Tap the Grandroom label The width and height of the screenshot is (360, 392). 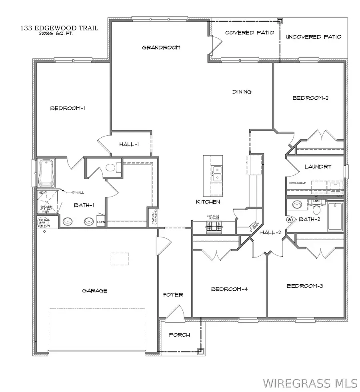tap(161, 47)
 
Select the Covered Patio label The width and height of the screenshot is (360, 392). tap(250, 32)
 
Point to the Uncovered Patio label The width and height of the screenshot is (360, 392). tap(314, 37)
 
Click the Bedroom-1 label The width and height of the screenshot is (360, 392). tap(68, 108)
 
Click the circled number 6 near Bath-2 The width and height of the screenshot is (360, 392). tap(289, 219)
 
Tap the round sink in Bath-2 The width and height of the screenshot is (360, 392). tap(296, 205)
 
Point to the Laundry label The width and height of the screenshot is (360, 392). tap(318, 167)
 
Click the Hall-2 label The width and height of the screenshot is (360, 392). tap(270, 233)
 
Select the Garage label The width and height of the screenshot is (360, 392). tap(95, 291)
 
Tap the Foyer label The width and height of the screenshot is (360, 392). tap(173, 295)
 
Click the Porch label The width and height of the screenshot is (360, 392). tap(179, 335)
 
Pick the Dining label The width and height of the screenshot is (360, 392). tap(242, 92)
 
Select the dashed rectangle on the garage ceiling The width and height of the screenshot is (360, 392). tap(120, 259)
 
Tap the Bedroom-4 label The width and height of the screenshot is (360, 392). tap(229, 289)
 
